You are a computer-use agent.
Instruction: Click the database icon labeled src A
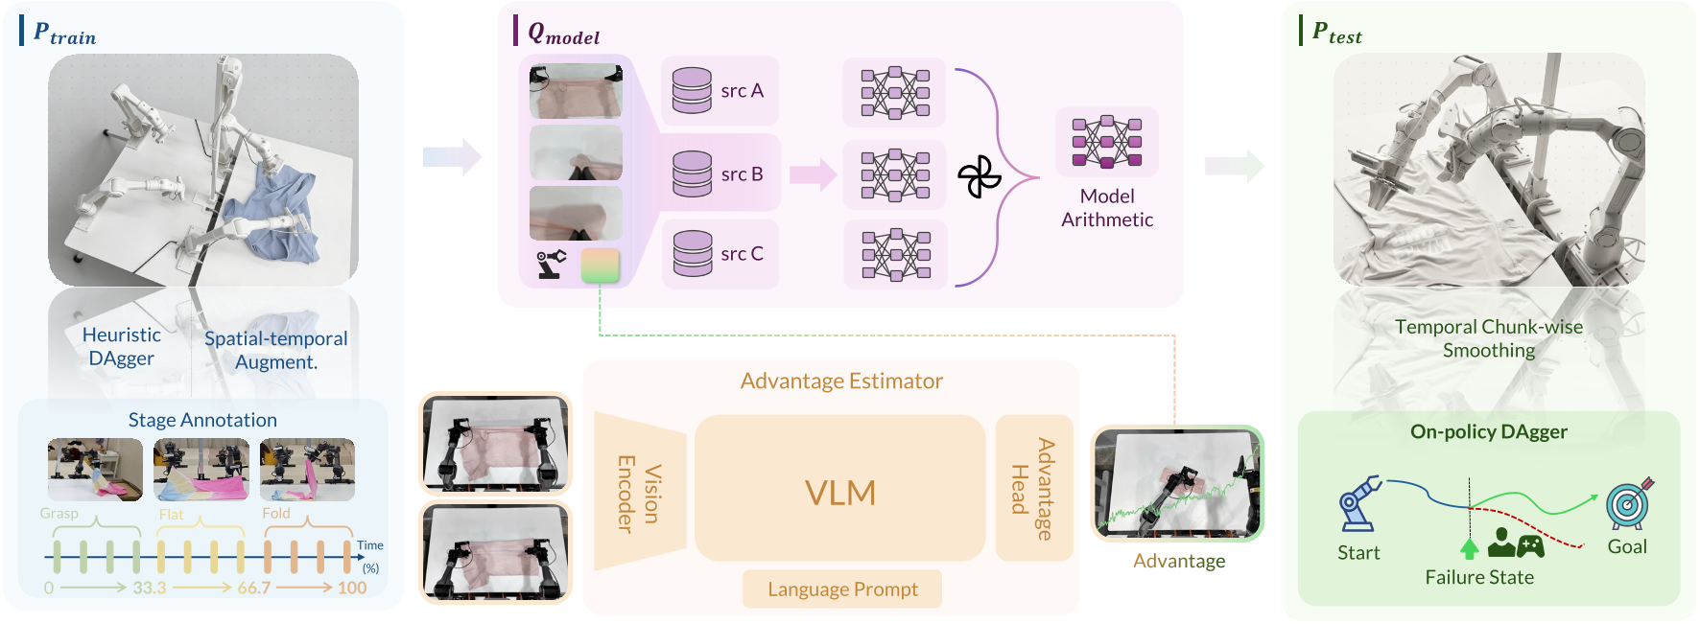[692, 90]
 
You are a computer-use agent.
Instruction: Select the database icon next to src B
[692, 173]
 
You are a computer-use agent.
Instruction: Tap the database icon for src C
[693, 253]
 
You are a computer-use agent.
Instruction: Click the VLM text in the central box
[840, 493]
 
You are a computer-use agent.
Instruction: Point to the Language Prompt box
[842, 589]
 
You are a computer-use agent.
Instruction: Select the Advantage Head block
[1033, 489]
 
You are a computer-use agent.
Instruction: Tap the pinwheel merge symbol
[979, 176]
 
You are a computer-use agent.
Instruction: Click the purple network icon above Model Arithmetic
[1107, 142]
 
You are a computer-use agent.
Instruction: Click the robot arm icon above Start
[1359, 503]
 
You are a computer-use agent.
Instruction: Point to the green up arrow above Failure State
[1469, 548]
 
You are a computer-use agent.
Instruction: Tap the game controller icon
[1530, 546]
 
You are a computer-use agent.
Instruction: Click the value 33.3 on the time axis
[150, 588]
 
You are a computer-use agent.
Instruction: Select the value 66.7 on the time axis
[254, 588]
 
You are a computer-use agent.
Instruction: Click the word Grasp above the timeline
[59, 514]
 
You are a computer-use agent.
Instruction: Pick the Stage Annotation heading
[202, 420]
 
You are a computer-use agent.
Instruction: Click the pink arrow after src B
[814, 174]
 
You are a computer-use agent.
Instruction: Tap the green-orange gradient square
[601, 266]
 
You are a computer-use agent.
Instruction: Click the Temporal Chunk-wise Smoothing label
[1489, 338]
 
